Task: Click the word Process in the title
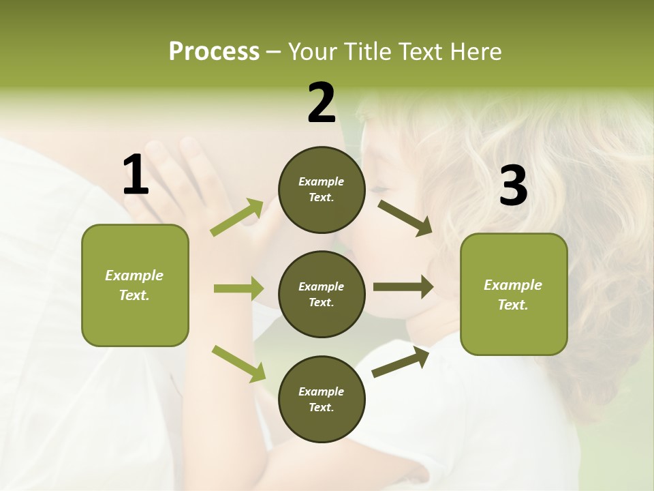pyautogui.click(x=214, y=52)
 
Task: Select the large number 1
pyautogui.click(x=136, y=175)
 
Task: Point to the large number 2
pyautogui.click(x=322, y=103)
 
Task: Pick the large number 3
pyautogui.click(x=514, y=187)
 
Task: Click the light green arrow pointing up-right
pyautogui.click(x=237, y=218)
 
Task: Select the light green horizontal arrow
pyautogui.click(x=238, y=288)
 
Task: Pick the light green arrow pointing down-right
pyautogui.click(x=238, y=363)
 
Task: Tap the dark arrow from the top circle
pyautogui.click(x=405, y=218)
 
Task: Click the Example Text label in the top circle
pyautogui.click(x=322, y=190)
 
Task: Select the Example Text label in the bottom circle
pyautogui.click(x=322, y=400)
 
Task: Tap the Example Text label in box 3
pyautogui.click(x=513, y=295)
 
